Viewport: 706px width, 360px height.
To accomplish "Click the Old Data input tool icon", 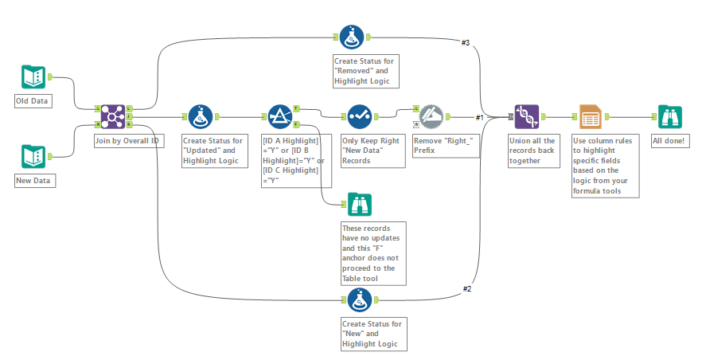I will click(x=34, y=76).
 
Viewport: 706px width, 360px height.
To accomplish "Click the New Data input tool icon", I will click(x=34, y=156).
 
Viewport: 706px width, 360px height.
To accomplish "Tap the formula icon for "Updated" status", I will click(x=200, y=116).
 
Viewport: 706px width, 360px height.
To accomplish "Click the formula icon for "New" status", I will click(x=359, y=299).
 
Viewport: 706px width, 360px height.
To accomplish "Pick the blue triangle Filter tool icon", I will click(x=280, y=116).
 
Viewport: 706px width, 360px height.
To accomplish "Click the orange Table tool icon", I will click(x=590, y=116).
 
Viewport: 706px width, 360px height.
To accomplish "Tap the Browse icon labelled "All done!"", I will click(x=669, y=116).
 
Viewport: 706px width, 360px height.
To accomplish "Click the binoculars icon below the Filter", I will click(x=359, y=205).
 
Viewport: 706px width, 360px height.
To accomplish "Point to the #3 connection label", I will click(x=466, y=42).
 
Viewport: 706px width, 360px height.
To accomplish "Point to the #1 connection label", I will click(x=480, y=118).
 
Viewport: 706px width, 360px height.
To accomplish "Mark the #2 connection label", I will click(x=467, y=288).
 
